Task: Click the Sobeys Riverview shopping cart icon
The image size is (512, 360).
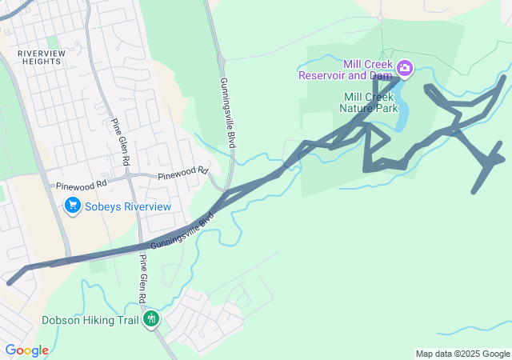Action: tap(74, 206)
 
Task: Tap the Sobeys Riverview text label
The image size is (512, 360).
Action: tap(129, 206)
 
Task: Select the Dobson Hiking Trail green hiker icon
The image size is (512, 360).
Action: tap(150, 319)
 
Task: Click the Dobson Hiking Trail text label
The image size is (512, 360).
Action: tap(90, 319)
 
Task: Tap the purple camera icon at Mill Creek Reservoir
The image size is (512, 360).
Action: tap(404, 68)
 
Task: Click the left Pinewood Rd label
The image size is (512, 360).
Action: tap(81, 186)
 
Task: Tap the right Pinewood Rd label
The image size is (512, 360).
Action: tap(182, 174)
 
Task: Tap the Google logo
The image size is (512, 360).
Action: tap(26, 350)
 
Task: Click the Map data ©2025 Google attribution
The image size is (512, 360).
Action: tap(462, 354)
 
